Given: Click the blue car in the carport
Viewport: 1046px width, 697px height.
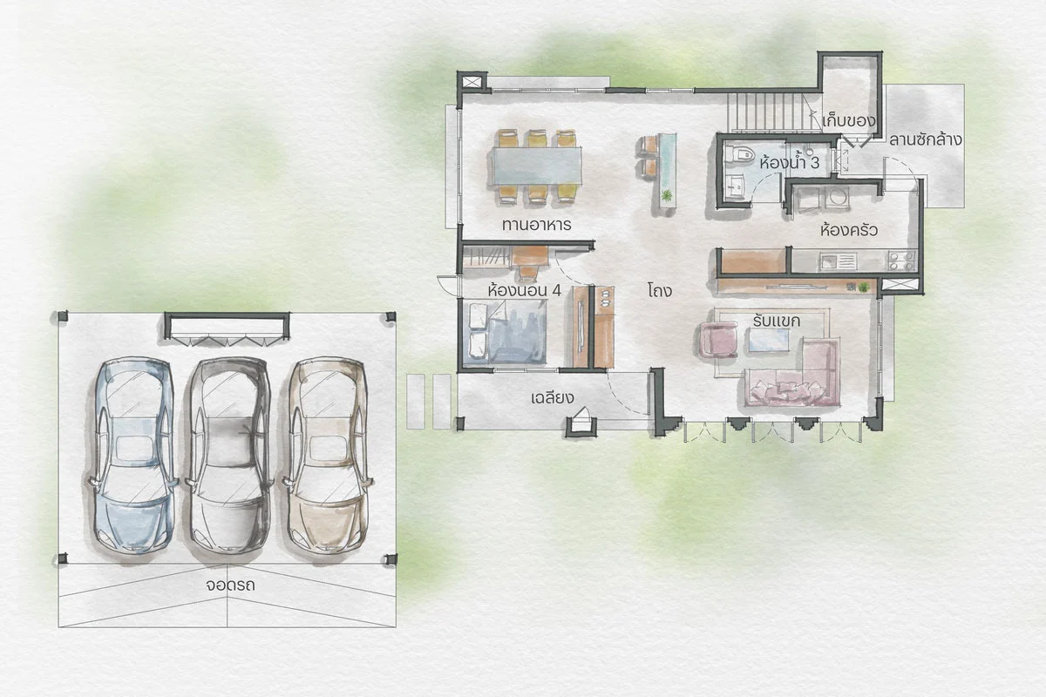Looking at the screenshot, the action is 132,457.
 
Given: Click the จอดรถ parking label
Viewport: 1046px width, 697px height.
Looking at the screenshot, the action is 231,585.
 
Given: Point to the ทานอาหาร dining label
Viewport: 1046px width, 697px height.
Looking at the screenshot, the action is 537,225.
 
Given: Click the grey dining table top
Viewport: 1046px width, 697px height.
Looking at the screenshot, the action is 537,166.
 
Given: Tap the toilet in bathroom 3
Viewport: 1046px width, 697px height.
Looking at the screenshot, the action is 739,153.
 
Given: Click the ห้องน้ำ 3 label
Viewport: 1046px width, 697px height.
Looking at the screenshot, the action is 790,163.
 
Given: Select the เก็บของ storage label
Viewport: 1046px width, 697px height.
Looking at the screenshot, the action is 848,121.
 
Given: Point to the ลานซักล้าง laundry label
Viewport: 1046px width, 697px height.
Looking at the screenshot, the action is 925,139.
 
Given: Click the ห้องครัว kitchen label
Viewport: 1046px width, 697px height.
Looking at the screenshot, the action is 849,230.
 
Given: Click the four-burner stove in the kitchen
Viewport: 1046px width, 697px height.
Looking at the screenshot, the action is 901,261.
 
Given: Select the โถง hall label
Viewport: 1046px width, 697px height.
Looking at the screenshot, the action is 660,291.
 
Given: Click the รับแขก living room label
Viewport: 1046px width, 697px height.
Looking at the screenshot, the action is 777,321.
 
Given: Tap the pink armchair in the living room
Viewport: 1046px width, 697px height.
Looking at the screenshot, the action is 720,340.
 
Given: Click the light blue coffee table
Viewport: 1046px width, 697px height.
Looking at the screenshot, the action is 769,340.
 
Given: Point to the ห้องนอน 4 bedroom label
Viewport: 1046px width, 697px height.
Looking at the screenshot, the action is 524,290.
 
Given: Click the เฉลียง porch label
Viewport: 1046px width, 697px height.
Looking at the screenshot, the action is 553,398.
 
